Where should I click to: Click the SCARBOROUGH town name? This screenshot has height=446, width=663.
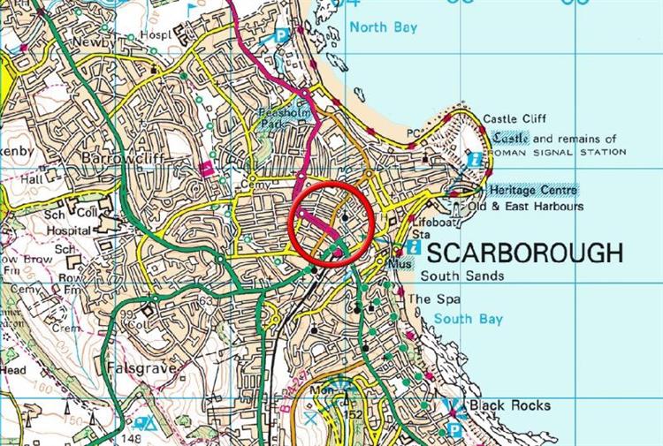(525, 253)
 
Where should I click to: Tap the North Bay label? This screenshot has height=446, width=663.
(383, 27)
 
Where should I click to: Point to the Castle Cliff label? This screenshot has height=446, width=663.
(515, 119)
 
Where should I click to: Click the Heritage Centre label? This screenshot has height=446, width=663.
(531, 190)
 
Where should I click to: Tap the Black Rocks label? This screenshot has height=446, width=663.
(509, 405)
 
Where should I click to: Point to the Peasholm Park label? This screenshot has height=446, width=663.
(281, 120)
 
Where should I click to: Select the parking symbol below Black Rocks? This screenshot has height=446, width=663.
(453, 430)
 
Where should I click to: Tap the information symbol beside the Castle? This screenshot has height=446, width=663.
(476, 160)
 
